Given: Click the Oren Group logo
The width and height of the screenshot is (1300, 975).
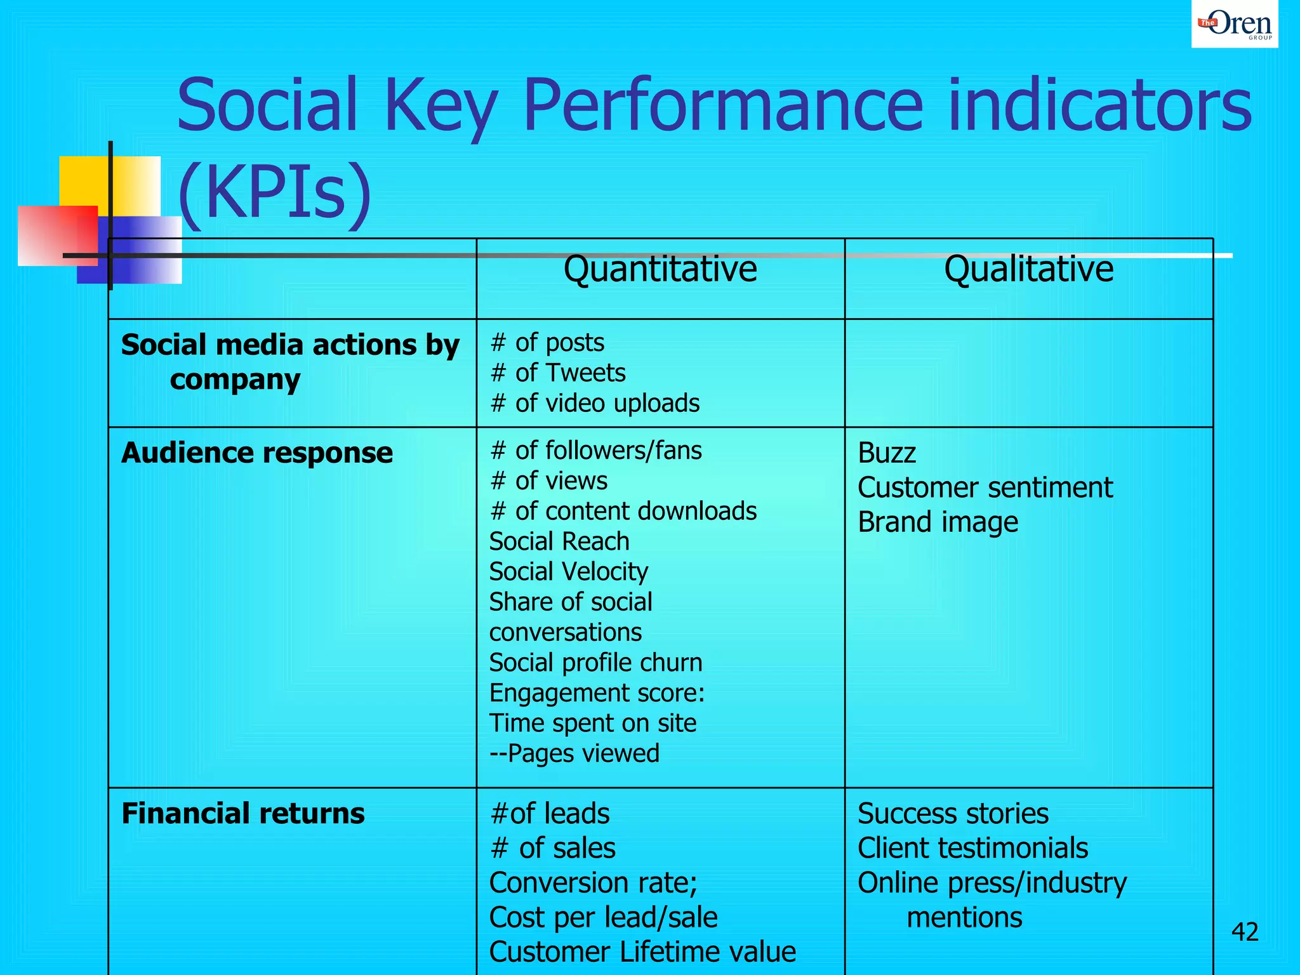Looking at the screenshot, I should point(1234,24).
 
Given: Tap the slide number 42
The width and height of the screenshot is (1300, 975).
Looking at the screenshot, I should point(1244,932).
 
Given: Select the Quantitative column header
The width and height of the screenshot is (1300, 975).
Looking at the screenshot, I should point(660,269).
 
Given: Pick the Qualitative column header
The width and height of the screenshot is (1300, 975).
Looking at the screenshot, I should point(1028,269).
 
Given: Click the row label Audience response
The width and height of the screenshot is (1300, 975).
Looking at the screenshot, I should point(257,453).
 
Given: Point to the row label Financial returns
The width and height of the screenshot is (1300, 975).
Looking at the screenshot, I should point(243,814).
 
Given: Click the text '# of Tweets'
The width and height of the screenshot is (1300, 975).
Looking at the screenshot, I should point(558,373).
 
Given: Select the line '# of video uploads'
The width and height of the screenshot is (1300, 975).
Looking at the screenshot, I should point(595,404).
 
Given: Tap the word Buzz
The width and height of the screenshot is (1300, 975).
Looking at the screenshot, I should point(887,453).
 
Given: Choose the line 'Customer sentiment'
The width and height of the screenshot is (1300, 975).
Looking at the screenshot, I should point(985,488).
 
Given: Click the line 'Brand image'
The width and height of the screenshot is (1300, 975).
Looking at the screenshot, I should point(938,522).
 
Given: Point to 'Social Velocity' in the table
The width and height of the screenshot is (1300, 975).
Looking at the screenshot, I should point(569,572).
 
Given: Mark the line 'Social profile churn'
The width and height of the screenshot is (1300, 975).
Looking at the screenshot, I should point(595,663).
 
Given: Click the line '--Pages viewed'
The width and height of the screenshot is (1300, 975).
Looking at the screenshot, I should point(574,753).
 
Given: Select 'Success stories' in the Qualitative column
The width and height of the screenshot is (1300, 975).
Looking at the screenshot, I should point(953,814).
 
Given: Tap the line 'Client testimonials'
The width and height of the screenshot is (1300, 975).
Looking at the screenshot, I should point(972,849).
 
